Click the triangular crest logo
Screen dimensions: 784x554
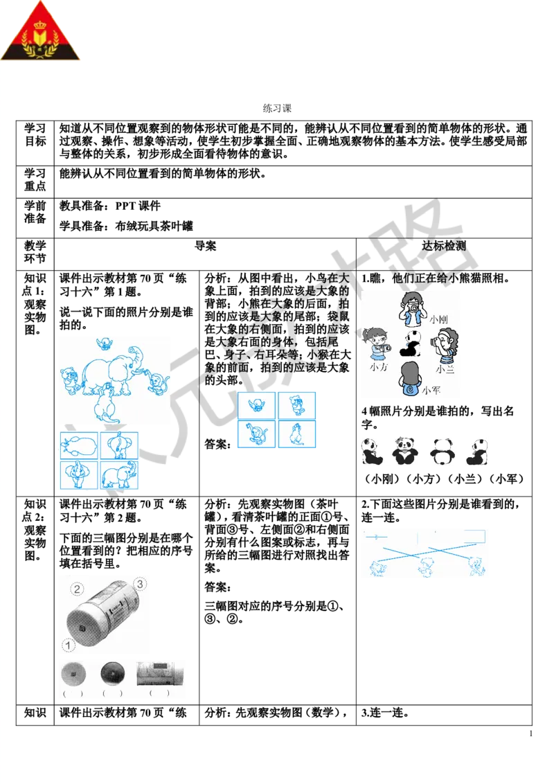(41, 33)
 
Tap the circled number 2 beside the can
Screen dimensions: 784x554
(78, 589)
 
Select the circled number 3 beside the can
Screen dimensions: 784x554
(140, 584)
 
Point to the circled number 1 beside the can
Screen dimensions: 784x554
(68, 645)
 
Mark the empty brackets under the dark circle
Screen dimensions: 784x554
(111, 693)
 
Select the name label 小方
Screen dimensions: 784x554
(378, 368)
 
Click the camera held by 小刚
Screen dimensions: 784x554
(413, 305)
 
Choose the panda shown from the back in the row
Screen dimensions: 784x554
(441, 452)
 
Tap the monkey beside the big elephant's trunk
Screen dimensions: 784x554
(159, 382)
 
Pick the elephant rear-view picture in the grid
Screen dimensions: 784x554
(118, 446)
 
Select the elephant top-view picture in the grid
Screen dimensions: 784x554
(79, 445)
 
